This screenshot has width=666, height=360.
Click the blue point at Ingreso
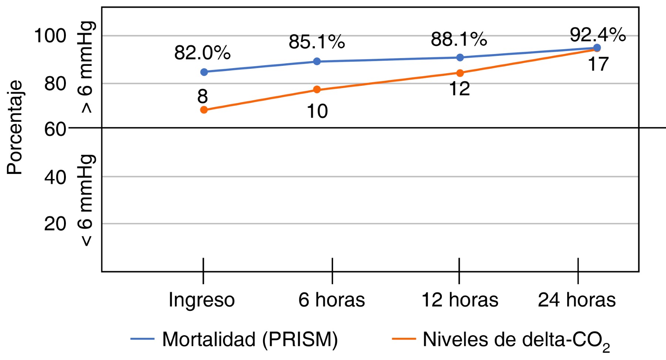click(x=204, y=72)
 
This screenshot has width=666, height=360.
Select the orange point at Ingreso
click(x=204, y=110)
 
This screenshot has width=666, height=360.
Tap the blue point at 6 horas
click(x=317, y=61)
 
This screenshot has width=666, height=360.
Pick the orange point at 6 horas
click(x=317, y=90)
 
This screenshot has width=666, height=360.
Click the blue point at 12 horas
click(x=460, y=57)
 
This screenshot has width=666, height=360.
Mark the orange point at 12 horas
click(x=460, y=73)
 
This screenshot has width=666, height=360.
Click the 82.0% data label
click(x=202, y=53)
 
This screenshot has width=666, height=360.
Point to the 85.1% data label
click(x=317, y=42)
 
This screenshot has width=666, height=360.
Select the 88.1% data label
click(x=459, y=39)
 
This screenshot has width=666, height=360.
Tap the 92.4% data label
click(x=598, y=35)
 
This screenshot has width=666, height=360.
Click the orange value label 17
click(x=598, y=64)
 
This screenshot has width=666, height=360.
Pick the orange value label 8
click(x=202, y=97)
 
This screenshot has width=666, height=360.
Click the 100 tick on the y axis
click(x=50, y=36)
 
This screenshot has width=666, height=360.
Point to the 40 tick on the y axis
click(x=55, y=177)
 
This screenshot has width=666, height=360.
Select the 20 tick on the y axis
click(x=55, y=224)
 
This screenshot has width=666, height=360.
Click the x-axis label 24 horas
click(x=576, y=300)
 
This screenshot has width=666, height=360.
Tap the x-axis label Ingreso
click(x=202, y=300)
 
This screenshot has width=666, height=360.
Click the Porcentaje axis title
click(x=15, y=127)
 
